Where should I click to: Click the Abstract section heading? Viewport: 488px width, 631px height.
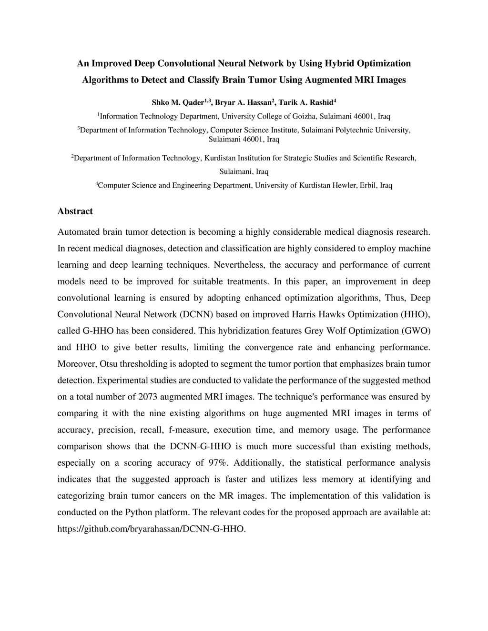tap(75, 211)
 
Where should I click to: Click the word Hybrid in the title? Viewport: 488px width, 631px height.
tap(340, 63)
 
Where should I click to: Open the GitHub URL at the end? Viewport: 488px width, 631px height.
tap(152, 529)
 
